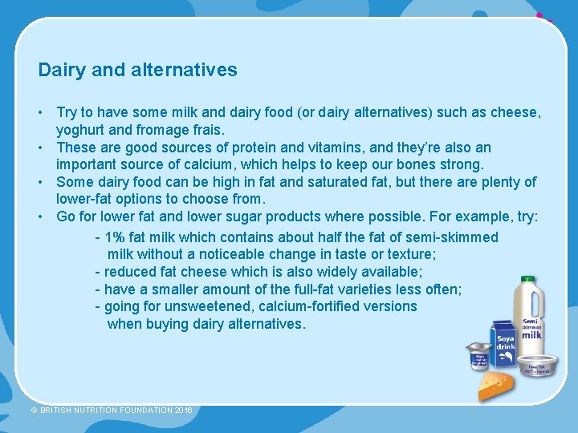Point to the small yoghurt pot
479,356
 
